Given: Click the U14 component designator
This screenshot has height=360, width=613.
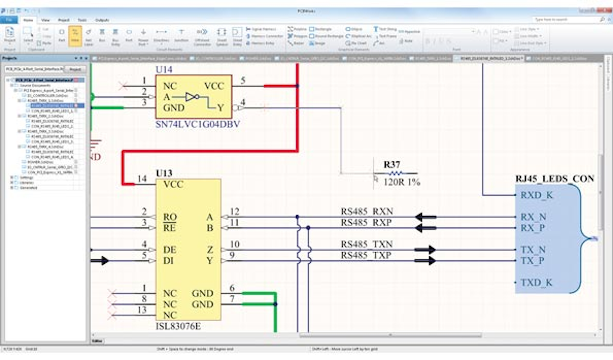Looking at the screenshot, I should (164, 69).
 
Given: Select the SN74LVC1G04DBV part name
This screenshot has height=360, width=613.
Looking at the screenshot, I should (198, 124).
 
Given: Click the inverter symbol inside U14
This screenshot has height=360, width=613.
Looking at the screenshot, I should (192, 97).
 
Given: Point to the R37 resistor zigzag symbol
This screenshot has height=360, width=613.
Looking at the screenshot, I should (395, 173).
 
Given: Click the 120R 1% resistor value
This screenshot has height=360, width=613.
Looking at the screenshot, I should (401, 182).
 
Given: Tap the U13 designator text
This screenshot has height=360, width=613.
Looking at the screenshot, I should (164, 173).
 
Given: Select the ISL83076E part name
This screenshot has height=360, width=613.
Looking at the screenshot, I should (178, 326).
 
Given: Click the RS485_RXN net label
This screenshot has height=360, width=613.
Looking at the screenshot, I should (367, 212).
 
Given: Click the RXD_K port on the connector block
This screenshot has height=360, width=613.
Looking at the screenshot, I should (536, 196).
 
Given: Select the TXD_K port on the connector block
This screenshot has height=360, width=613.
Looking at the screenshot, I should (536, 282).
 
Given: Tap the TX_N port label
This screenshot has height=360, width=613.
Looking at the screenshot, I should (533, 250).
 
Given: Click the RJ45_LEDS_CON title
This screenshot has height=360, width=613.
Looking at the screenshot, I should (555, 179).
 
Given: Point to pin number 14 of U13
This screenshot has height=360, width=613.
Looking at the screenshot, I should (142, 179).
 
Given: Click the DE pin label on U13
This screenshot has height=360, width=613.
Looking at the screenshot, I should (169, 250).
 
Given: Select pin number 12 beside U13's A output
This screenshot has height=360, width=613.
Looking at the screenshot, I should (235, 211).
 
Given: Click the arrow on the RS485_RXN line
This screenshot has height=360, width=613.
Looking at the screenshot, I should (425, 217).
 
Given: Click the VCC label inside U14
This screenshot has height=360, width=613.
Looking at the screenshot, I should (214, 86).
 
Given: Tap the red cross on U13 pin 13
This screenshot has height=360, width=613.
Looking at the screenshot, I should (113, 315).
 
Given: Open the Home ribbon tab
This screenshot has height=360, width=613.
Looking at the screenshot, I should (28, 20).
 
